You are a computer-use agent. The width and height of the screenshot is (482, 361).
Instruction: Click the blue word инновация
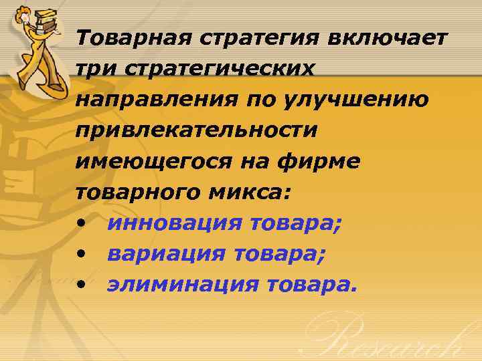coord(175,223)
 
